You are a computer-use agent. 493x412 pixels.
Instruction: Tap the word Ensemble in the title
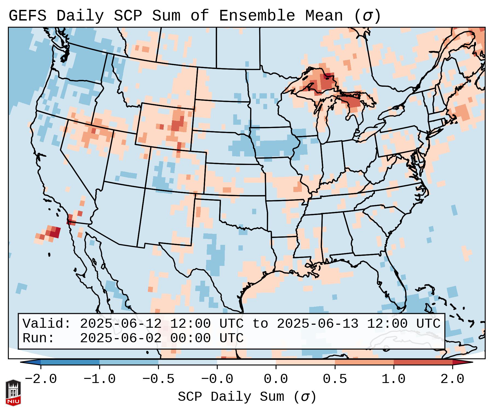[x=257, y=16]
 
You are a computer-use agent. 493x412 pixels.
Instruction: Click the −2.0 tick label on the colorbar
[x=41, y=379]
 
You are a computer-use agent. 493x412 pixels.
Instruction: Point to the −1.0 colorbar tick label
[x=100, y=379]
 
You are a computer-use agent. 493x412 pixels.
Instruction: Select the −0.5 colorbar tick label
[x=158, y=379]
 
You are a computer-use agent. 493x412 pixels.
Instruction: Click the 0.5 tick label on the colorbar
[x=335, y=379]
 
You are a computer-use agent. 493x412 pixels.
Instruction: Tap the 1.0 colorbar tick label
[x=393, y=379]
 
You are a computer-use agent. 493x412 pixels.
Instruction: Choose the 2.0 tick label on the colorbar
[x=452, y=379]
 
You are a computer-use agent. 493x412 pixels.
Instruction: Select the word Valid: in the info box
[x=47, y=324]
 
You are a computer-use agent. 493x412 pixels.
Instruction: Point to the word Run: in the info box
[x=39, y=338]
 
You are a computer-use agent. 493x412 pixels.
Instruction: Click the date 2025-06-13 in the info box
[x=317, y=324]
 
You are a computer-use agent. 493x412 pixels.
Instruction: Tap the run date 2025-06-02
[x=121, y=338]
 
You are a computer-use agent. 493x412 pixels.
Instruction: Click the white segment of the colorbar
[x=246, y=362]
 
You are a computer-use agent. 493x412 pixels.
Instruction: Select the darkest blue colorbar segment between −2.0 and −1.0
[x=70, y=362]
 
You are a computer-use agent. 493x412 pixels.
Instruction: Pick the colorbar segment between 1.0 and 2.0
[x=423, y=362]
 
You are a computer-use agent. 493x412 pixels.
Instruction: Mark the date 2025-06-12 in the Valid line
[x=121, y=324]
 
